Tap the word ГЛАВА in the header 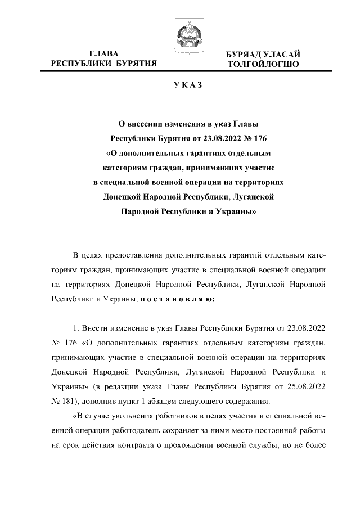click(104, 54)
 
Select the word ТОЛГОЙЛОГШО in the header click(263, 65)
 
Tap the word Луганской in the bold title click(253, 197)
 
